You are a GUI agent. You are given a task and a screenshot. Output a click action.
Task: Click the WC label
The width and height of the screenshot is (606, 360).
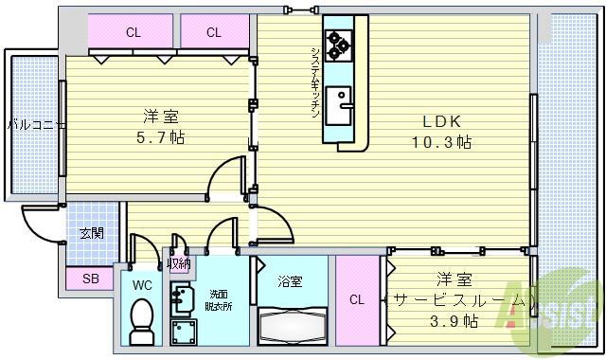[141, 284]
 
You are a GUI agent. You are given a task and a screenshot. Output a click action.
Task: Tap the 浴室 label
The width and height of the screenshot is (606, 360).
[290, 281]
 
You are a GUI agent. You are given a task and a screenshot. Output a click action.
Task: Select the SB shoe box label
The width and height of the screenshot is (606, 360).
[90, 279]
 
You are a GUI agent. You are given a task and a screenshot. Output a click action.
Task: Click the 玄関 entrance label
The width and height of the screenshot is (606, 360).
[91, 234]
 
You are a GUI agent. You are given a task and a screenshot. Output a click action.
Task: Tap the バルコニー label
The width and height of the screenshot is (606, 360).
[36, 124]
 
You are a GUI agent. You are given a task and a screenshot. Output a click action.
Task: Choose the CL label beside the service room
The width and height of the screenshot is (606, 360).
[356, 300]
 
